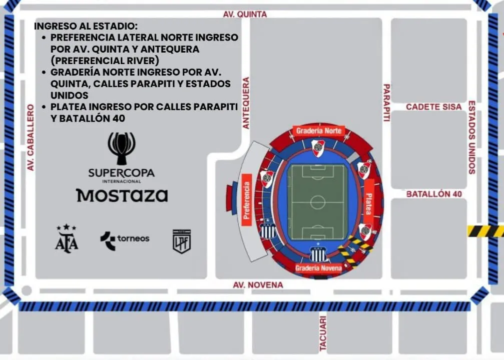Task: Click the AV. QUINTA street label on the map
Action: coord(245,15)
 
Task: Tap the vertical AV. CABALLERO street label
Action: coord(31,137)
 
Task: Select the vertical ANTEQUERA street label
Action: coord(246,103)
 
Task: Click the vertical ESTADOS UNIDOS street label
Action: coord(471,137)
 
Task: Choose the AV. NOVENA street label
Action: coord(258,285)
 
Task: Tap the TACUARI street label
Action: coord(323,332)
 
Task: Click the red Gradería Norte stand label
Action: coord(319,131)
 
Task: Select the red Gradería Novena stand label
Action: coord(318,268)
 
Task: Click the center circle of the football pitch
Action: coord(318,202)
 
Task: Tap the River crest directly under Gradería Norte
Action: coord(318,148)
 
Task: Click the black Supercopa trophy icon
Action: coord(121,148)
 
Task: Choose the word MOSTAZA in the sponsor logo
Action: coord(122,195)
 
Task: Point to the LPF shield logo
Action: coord(181,241)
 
